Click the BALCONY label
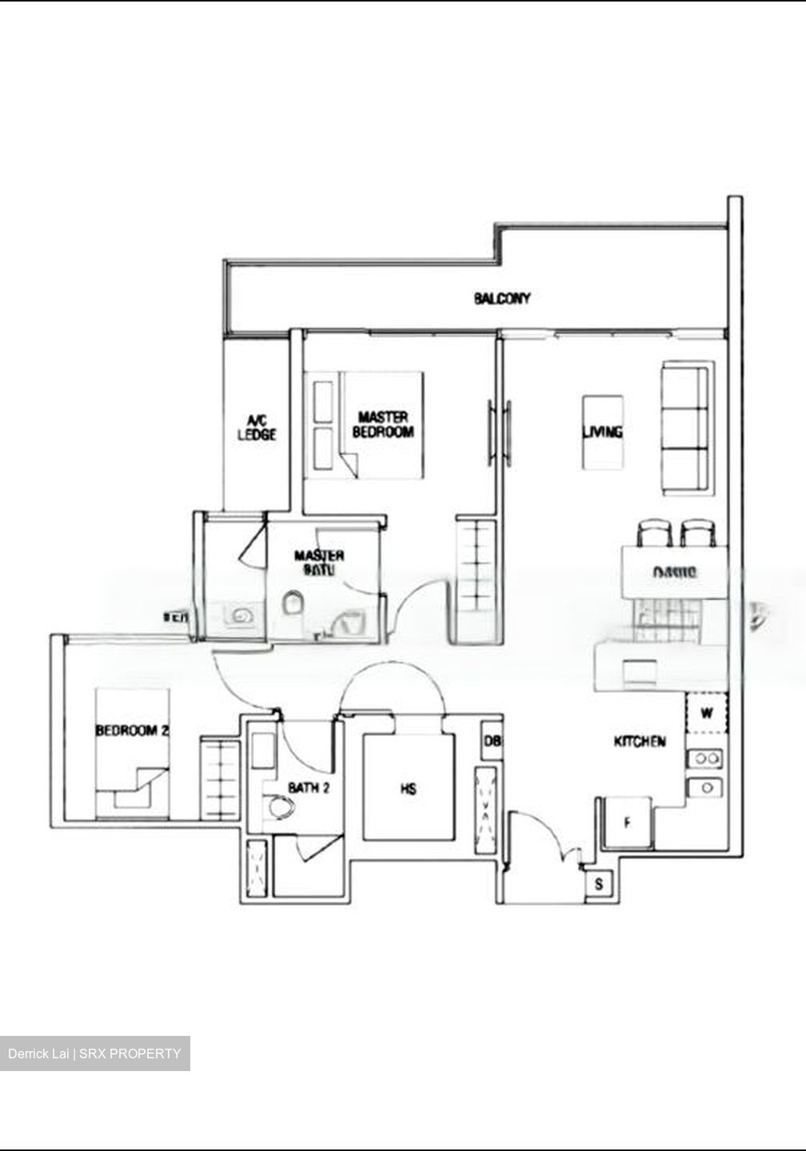pos(501,299)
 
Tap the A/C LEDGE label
pos(257,428)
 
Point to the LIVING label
pos(602,432)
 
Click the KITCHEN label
pos(639,742)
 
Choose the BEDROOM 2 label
pos(132,730)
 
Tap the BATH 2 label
pos(309,788)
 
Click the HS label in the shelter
pos(409,790)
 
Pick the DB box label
pos(493,742)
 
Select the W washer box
pos(707,713)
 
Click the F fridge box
pos(628,821)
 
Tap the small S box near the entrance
pos(599,885)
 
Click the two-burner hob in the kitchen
pos(707,757)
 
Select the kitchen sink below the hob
pos(707,787)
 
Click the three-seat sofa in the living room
pos(685,429)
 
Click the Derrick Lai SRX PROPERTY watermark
pos(95,1053)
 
